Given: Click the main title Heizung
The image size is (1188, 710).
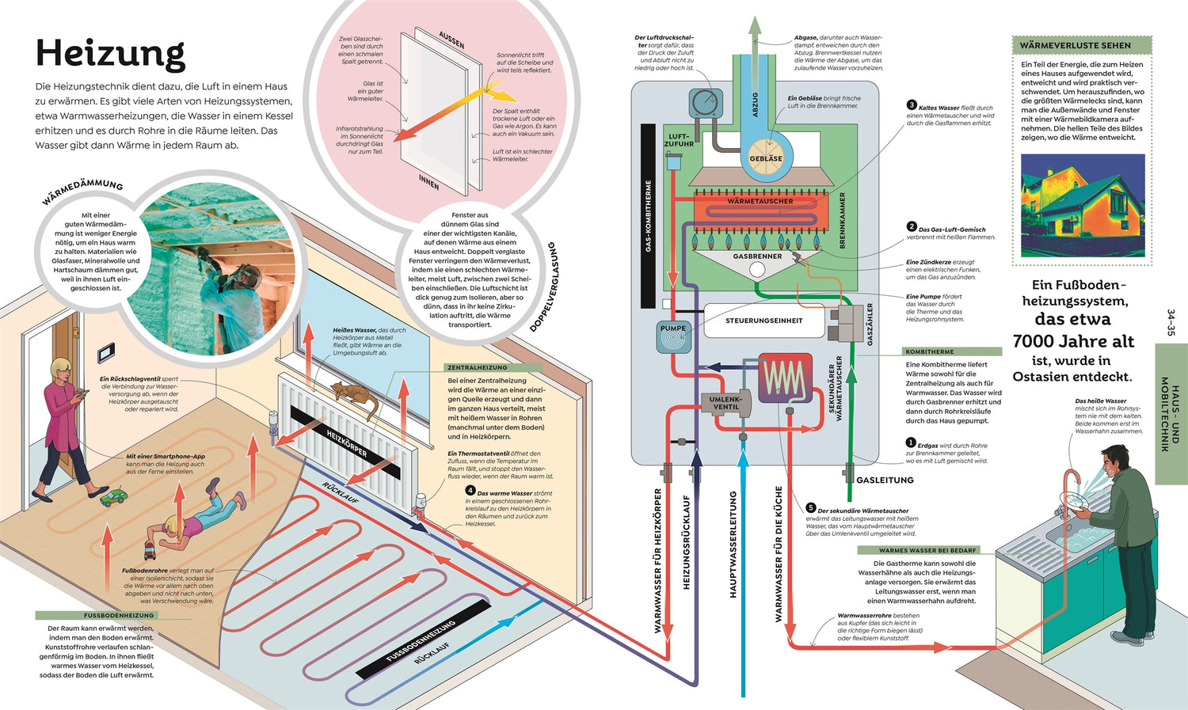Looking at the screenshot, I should (x=110, y=54).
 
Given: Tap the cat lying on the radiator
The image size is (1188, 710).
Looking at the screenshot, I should (x=354, y=395).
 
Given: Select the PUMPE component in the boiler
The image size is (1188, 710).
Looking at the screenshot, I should (x=673, y=336).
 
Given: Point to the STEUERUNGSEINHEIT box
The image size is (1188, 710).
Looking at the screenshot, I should (x=763, y=321).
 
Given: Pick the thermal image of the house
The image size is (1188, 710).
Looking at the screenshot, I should (x=1082, y=205).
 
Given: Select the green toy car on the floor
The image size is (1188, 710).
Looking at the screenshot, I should (x=113, y=497).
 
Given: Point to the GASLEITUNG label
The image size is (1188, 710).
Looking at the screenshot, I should (x=885, y=480).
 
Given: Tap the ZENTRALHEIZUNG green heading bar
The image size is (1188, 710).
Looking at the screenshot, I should (x=493, y=367).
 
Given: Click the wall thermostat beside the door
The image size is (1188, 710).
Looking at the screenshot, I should (x=105, y=350).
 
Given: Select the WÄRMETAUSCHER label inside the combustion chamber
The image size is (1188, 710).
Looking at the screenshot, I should (x=760, y=201).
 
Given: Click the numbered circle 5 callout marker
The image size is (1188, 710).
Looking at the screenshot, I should (x=810, y=508).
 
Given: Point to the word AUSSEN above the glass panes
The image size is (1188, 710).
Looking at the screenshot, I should (x=451, y=40).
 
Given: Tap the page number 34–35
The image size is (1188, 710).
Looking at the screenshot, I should (x=1171, y=323).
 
